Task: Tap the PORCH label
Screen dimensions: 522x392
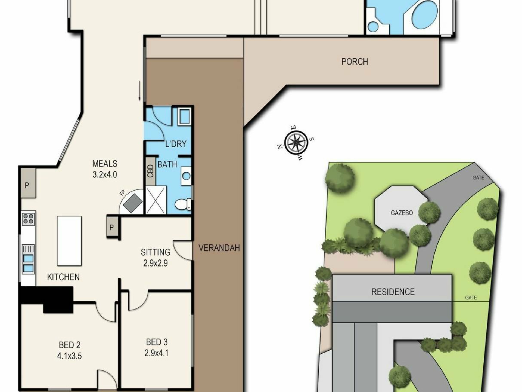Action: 355,62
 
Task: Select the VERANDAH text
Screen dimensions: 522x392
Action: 219,248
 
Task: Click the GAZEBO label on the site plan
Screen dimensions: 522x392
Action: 402,213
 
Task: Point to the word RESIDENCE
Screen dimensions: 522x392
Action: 393,292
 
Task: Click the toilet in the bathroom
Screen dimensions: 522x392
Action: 183,204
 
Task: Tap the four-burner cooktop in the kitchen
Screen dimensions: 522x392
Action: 29,219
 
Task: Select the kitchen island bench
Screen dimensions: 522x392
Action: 69,241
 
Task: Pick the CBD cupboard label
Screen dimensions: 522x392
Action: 150,171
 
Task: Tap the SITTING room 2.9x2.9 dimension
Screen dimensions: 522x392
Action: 156,263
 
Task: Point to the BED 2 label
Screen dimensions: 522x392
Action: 70,345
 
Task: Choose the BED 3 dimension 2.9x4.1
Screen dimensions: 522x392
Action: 156,353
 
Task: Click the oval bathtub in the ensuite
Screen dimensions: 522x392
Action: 425,15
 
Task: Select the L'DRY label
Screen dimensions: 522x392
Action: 176,144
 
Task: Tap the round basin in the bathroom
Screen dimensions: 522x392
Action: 186,176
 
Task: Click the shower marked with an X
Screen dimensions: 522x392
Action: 156,200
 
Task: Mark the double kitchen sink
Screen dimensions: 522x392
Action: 28,264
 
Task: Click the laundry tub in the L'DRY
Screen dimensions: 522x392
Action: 185,116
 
